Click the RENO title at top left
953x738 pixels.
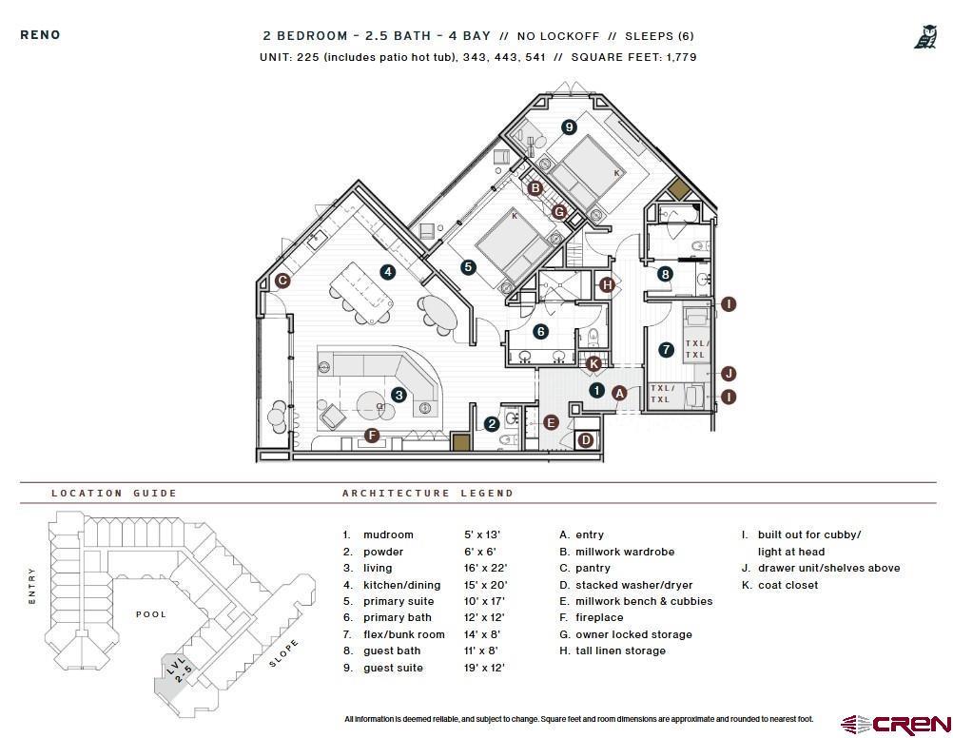pyautogui.click(x=40, y=35)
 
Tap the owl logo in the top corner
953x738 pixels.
pyautogui.click(x=924, y=37)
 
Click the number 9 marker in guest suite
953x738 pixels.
pyautogui.click(x=569, y=126)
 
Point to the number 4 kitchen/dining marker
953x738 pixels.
pyautogui.click(x=388, y=272)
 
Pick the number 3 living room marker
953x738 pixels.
pyautogui.click(x=399, y=395)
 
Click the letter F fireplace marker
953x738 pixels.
pyautogui.click(x=372, y=436)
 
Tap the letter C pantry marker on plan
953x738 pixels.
pyautogui.click(x=282, y=281)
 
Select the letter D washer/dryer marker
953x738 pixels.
pyautogui.click(x=586, y=439)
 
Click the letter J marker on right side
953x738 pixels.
pyautogui.click(x=729, y=374)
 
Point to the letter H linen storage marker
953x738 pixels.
pyautogui.click(x=607, y=283)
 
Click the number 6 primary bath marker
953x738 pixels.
pyautogui.click(x=540, y=332)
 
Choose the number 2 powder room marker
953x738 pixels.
pyautogui.click(x=492, y=424)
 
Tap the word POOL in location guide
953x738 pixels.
pyautogui.click(x=150, y=614)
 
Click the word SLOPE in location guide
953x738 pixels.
pyautogui.click(x=283, y=653)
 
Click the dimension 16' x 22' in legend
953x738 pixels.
pyautogui.click(x=484, y=568)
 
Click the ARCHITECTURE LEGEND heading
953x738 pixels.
pyautogui.click(x=427, y=493)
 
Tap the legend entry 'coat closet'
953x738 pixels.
pyautogui.click(x=788, y=585)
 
